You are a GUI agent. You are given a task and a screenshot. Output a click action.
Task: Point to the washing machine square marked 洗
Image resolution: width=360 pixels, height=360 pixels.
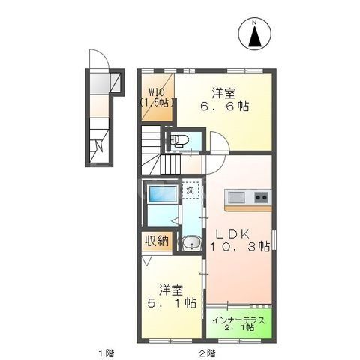(x=191, y=190)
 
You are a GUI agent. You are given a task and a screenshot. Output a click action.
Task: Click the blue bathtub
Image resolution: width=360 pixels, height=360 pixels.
(x=161, y=194)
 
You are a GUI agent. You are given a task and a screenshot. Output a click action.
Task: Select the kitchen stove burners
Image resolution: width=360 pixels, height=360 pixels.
(x=260, y=197)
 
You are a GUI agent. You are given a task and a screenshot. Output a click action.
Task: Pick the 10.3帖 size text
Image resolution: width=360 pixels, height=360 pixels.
(x=241, y=247)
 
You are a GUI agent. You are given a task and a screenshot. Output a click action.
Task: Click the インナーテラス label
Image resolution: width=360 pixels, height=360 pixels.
(x=238, y=319)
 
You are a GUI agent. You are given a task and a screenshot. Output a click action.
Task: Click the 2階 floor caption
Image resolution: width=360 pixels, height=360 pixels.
(x=207, y=352)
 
